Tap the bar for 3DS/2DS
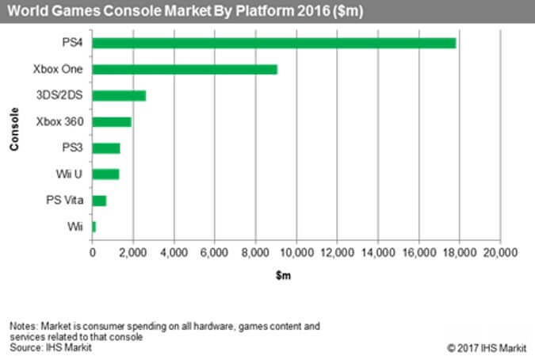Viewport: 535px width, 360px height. [119, 95]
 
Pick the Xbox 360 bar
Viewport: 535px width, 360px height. [112, 122]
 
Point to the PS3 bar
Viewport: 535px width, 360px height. [106, 148]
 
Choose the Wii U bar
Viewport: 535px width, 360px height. [105, 174]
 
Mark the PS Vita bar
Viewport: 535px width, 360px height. [99, 201]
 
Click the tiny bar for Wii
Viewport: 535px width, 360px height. [94, 227]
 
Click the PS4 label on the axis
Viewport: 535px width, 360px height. [74, 43]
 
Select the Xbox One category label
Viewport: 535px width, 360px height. [62, 69]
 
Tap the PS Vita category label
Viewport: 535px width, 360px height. [65, 201]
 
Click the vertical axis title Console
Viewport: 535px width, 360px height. [15, 135]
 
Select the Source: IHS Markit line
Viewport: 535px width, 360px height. [46, 347]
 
